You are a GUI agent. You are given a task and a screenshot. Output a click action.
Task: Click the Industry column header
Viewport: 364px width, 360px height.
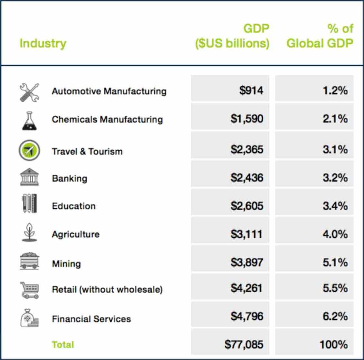pyautogui.click(x=43, y=44)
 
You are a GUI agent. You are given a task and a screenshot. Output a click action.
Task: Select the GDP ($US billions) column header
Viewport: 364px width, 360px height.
pyautogui.click(x=232, y=36)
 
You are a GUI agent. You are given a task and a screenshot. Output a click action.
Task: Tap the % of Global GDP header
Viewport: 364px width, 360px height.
pyautogui.click(x=320, y=36)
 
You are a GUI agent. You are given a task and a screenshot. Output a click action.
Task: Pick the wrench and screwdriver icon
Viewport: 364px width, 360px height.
pyautogui.click(x=29, y=92)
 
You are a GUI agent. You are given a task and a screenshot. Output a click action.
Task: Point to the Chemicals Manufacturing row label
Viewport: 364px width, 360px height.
pyautogui.click(x=107, y=119)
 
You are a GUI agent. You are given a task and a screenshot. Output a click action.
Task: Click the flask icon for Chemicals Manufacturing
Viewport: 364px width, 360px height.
pyautogui.click(x=29, y=121)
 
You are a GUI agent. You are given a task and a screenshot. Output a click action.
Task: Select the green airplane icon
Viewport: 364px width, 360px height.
pyautogui.click(x=29, y=149)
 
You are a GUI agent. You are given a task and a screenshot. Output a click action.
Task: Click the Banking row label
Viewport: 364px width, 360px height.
pyautogui.click(x=70, y=178)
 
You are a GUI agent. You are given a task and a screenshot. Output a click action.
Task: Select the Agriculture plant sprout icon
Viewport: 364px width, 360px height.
pyautogui.click(x=29, y=233)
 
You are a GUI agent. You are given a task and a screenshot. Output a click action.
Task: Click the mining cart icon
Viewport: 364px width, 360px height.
pyautogui.click(x=29, y=261)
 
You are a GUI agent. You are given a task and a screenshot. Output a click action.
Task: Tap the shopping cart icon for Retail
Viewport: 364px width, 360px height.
pyautogui.click(x=29, y=289)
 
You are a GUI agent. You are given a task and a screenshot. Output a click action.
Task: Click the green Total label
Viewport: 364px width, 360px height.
pyautogui.click(x=63, y=344)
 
